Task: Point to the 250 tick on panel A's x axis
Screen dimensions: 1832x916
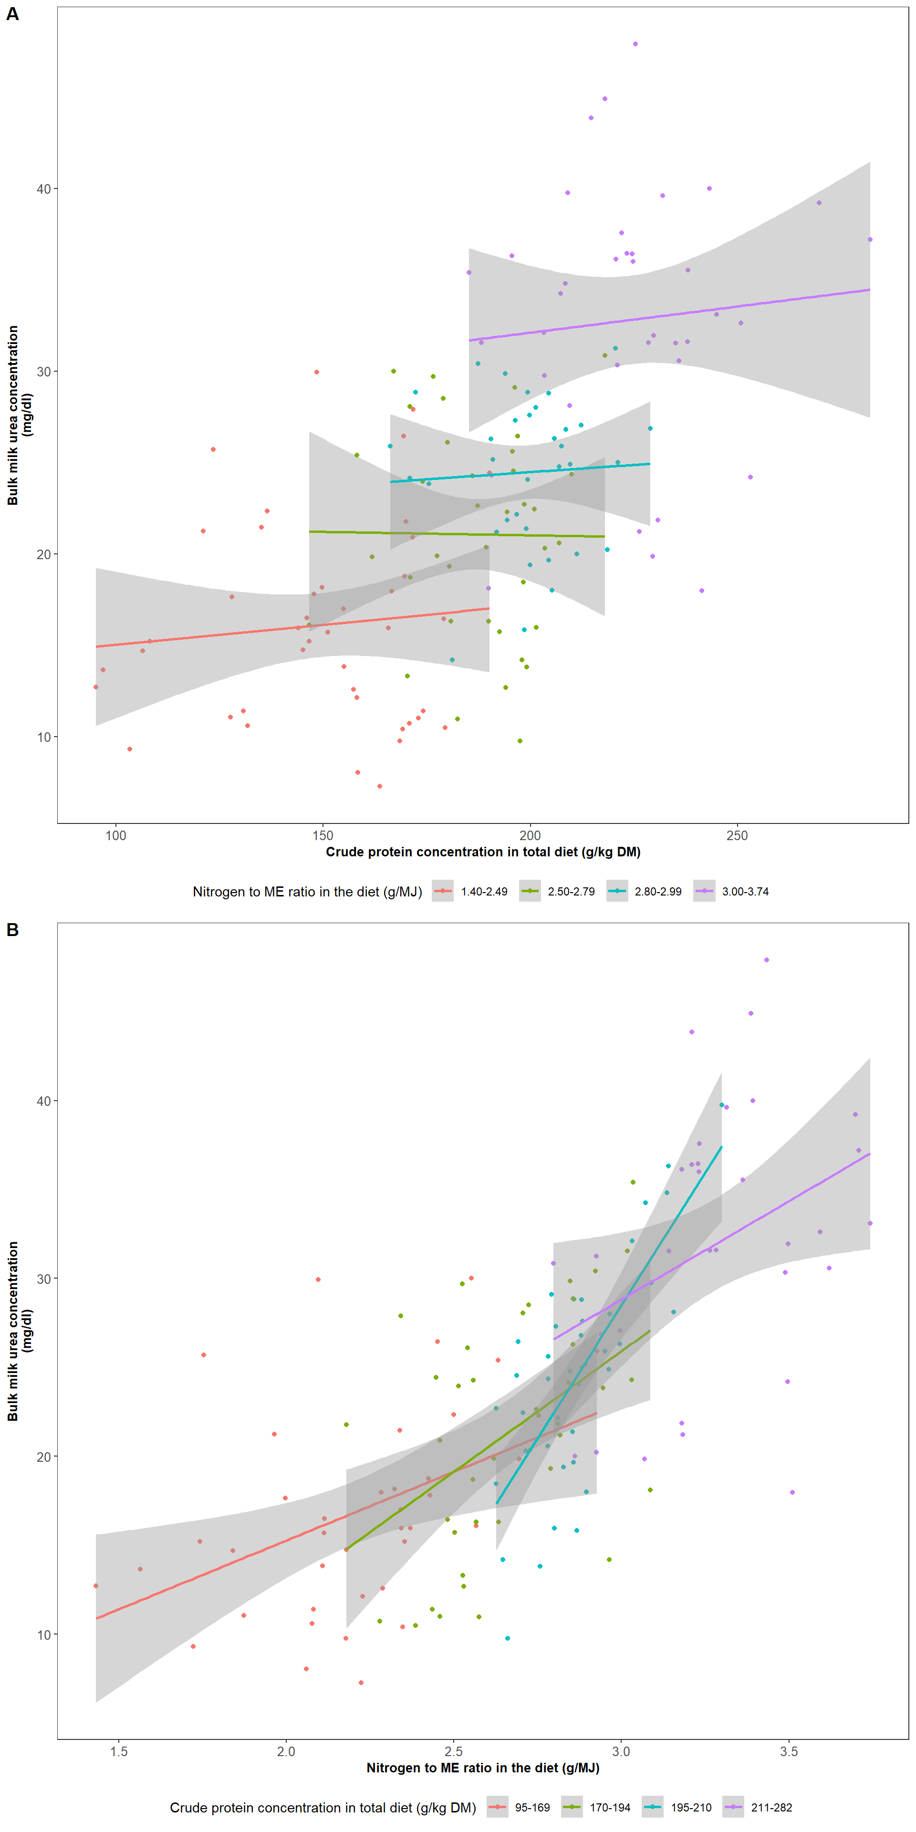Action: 737,836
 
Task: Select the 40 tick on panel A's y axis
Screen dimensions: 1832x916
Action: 43,188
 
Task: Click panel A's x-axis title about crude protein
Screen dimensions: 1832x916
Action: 483,852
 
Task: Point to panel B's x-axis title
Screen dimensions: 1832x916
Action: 483,1768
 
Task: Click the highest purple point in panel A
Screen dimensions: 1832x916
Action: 635,44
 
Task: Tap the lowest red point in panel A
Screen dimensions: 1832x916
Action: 380,786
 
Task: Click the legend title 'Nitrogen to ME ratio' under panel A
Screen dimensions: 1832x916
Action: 307,892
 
